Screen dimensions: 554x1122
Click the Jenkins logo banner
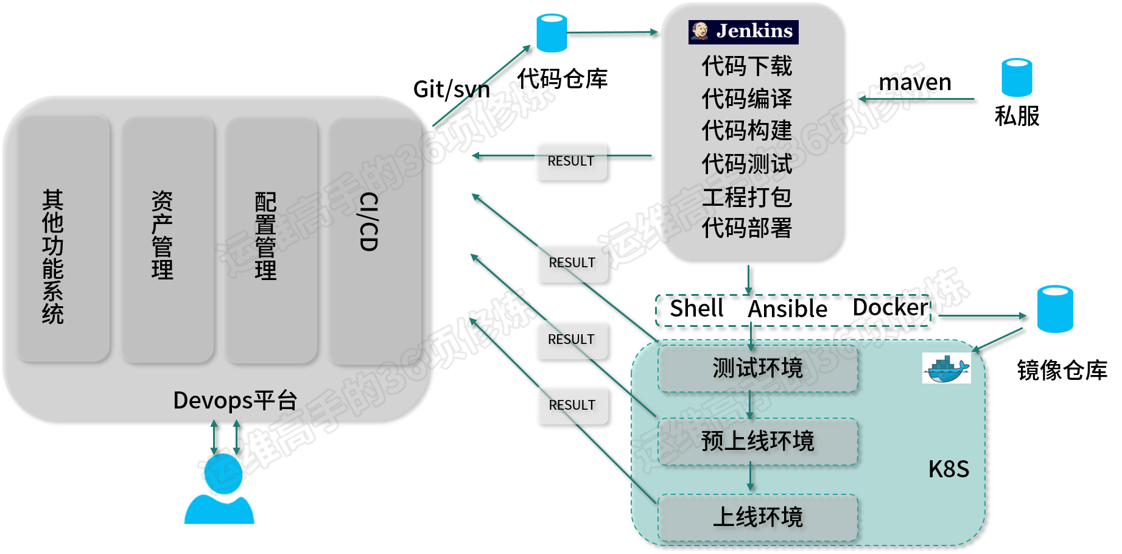pyautogui.click(x=743, y=32)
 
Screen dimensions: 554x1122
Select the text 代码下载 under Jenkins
pyautogui.click(x=746, y=66)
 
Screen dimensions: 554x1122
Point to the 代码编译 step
pyautogui.click(x=746, y=99)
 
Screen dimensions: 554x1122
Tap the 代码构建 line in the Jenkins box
pyautogui.click(x=746, y=130)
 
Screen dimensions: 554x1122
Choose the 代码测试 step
pyautogui.click(x=746, y=164)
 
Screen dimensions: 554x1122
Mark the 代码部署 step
pyautogui.click(x=746, y=228)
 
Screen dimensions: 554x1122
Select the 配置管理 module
pyautogui.click(x=269, y=237)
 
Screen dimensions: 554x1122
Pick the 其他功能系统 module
pyautogui.click(x=61, y=237)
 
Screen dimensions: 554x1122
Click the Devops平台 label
pyautogui.click(x=235, y=401)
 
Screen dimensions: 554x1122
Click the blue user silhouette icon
pyautogui.click(x=218, y=490)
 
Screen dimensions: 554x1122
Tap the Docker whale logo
pyautogui.click(x=946, y=368)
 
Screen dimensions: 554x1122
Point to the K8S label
pyautogui.click(x=948, y=469)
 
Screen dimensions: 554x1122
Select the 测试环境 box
pyautogui.click(x=757, y=368)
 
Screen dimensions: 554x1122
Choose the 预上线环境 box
pyautogui.click(x=757, y=441)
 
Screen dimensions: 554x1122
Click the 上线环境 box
pyautogui.click(x=757, y=517)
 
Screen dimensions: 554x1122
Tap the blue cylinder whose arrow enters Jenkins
pyautogui.click(x=552, y=32)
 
